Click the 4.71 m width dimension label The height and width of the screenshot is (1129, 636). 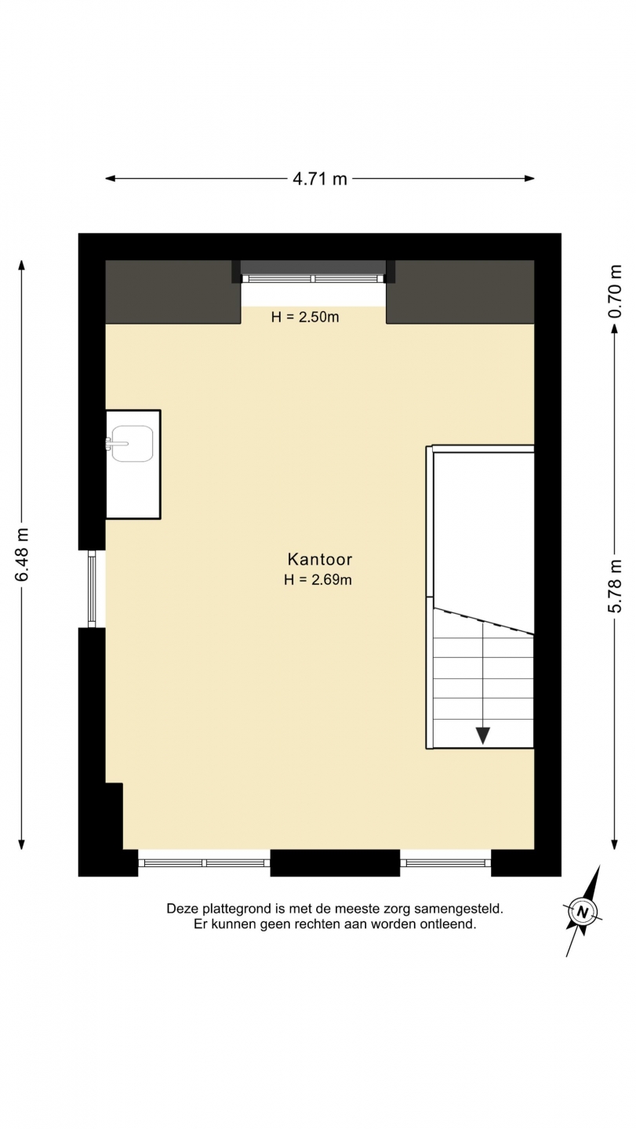(319, 179)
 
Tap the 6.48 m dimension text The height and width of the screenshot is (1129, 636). (22, 554)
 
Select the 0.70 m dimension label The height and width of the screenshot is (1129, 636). (615, 291)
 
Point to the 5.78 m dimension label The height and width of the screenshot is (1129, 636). (615, 586)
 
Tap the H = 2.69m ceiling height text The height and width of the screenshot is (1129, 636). (318, 579)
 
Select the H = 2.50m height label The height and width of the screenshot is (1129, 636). (304, 317)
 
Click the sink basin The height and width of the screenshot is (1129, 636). (132, 443)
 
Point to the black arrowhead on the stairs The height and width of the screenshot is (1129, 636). (483, 735)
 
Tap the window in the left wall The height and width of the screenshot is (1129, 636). (92, 588)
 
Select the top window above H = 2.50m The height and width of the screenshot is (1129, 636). (312, 278)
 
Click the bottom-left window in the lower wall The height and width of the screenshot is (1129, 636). (204, 862)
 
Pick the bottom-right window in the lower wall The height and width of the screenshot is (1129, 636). (445, 862)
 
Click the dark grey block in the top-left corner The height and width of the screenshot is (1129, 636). (173, 292)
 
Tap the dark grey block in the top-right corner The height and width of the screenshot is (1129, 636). (460, 292)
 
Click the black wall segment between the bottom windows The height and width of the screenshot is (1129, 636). (335, 862)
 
